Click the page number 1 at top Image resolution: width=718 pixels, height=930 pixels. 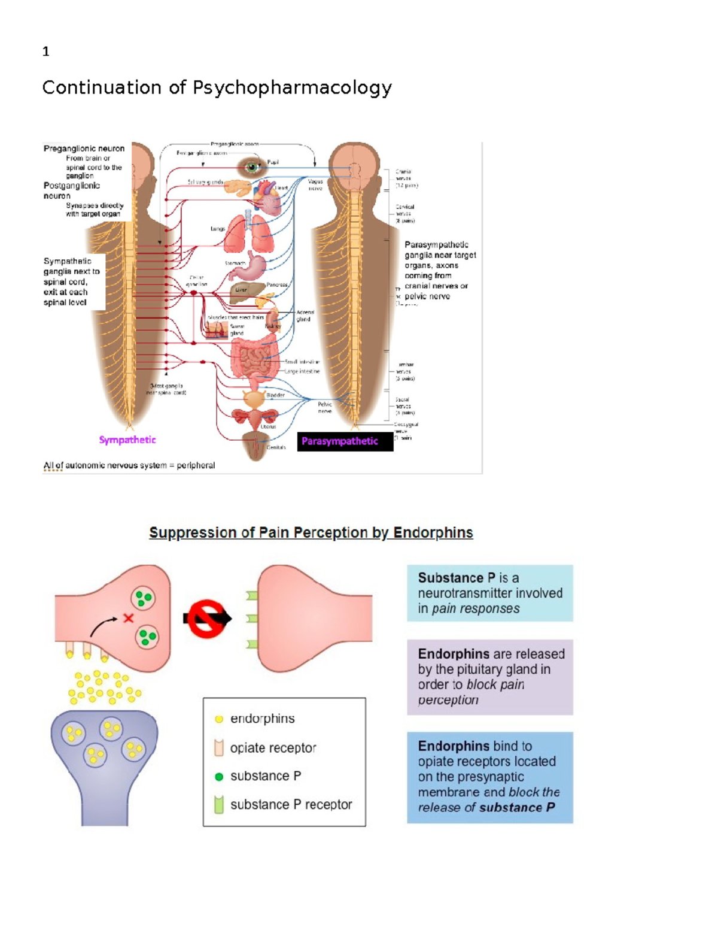pyautogui.click(x=45, y=52)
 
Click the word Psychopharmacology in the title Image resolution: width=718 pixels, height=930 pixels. pyautogui.click(x=292, y=88)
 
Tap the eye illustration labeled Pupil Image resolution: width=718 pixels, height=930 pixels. pyautogui.click(x=252, y=167)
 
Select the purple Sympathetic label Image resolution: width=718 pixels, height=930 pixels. pyautogui.click(x=127, y=440)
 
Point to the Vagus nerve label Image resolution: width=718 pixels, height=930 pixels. pyautogui.click(x=315, y=184)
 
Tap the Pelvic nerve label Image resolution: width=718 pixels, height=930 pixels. pyautogui.click(x=325, y=408)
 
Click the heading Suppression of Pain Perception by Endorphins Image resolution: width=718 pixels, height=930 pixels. pyautogui.click(x=311, y=532)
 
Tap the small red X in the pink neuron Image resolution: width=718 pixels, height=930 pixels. pyautogui.click(x=128, y=617)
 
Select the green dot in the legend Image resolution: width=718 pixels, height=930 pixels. pyautogui.click(x=219, y=777)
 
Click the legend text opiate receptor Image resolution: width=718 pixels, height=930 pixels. pyautogui.click(x=273, y=748)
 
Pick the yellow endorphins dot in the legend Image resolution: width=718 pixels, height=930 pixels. pyautogui.click(x=219, y=719)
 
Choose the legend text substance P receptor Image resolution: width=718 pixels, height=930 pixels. pyautogui.click(x=291, y=805)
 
